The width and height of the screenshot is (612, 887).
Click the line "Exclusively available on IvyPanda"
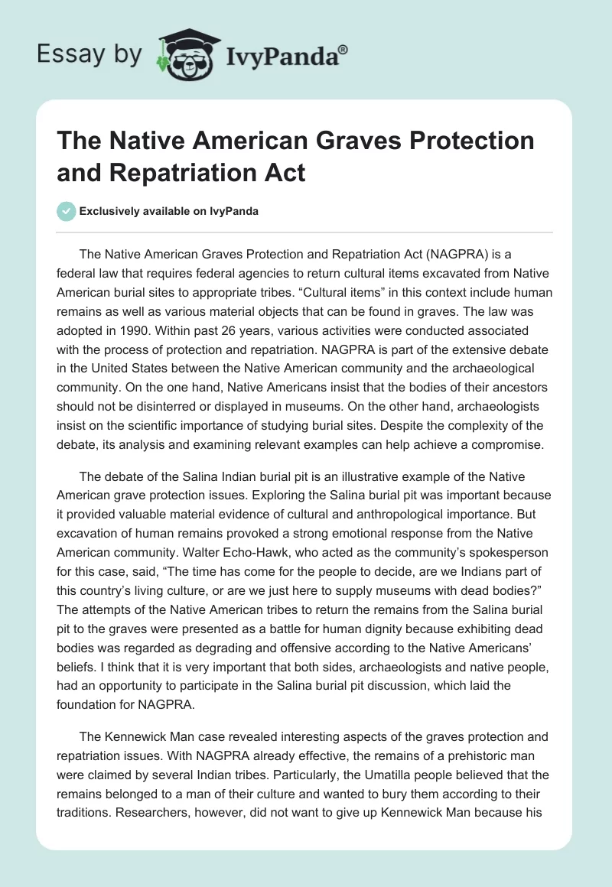coord(168,212)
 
